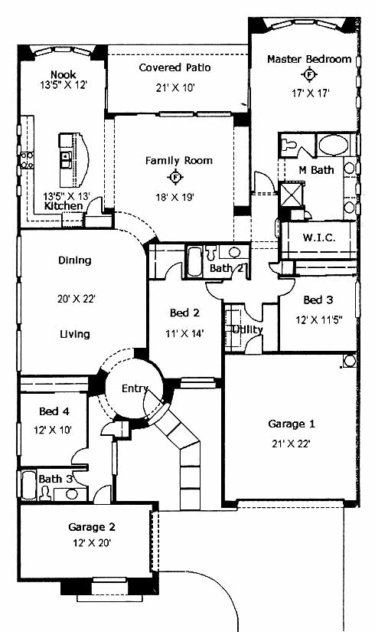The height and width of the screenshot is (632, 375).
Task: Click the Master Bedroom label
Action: pos(309,59)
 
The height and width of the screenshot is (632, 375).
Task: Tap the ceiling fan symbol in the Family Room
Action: pos(175,177)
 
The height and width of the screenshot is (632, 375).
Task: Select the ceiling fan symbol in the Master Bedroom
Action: pos(309,74)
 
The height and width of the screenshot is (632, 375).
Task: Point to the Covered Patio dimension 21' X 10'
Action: pos(175,87)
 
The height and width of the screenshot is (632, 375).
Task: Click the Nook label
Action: pos(64,74)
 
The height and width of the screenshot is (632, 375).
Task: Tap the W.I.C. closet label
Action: pos(319,237)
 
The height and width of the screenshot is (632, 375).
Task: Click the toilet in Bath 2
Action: pos(210,253)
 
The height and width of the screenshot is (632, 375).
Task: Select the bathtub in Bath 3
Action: pos(28,485)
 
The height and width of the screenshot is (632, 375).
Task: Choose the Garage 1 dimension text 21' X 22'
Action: pos(291,444)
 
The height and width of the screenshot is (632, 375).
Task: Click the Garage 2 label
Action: pos(92,527)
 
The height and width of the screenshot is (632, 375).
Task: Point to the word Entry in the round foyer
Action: pos(135,388)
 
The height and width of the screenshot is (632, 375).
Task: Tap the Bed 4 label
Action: pos(54,411)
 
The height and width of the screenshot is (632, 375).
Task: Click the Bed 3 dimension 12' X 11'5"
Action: pos(319,319)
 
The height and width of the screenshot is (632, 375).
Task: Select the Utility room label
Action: pos(247,329)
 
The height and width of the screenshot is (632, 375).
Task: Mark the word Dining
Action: pos(74,260)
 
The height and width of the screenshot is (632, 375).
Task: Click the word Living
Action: pos(75,334)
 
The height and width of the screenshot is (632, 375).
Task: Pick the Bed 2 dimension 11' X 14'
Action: pos(185,333)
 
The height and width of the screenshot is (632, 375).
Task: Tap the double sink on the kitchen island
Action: pos(66,160)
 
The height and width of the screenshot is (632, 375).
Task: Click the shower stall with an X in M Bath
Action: pos(292,194)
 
